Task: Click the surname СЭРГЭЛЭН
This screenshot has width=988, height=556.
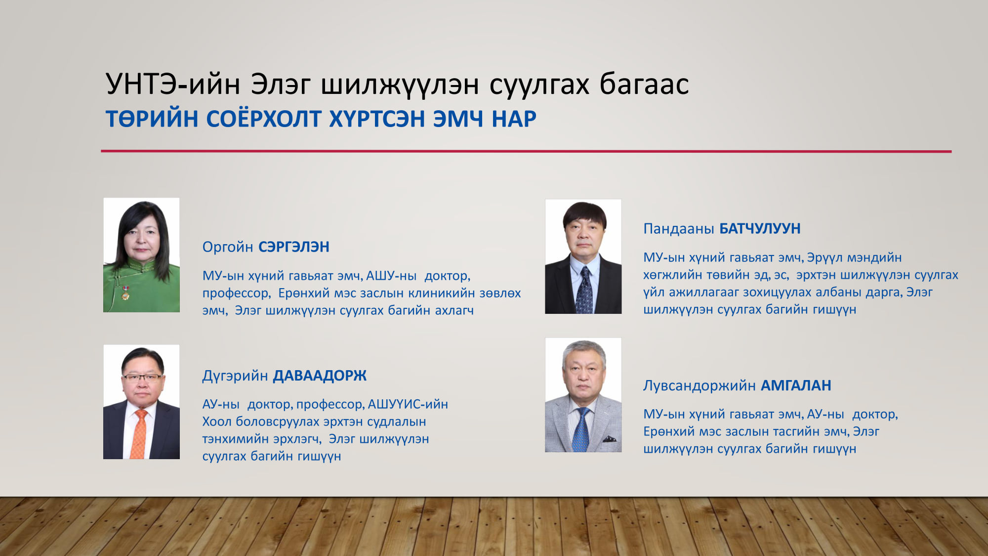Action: click(x=294, y=247)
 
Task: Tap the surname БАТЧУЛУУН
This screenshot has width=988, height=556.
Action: click(x=760, y=228)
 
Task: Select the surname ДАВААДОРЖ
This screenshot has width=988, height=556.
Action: click(x=320, y=376)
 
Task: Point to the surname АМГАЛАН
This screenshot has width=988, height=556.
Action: click(x=796, y=385)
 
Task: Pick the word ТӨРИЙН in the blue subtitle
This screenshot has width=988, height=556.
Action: click(x=152, y=119)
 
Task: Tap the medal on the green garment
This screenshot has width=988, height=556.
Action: click(x=125, y=293)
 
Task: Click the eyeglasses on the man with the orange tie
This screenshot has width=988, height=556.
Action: click(x=142, y=378)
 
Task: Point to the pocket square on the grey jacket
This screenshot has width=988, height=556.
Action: click(x=610, y=438)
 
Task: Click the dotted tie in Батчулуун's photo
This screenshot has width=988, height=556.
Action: click(x=584, y=290)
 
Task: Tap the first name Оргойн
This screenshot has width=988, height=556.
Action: click(x=228, y=247)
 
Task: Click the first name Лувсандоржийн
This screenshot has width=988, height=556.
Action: click(x=700, y=385)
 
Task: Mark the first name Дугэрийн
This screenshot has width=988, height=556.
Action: click(x=235, y=376)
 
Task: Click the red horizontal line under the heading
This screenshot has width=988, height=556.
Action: click(x=526, y=151)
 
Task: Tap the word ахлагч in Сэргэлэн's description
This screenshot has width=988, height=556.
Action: click(x=454, y=310)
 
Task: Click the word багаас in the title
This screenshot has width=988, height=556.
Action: click(x=644, y=84)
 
